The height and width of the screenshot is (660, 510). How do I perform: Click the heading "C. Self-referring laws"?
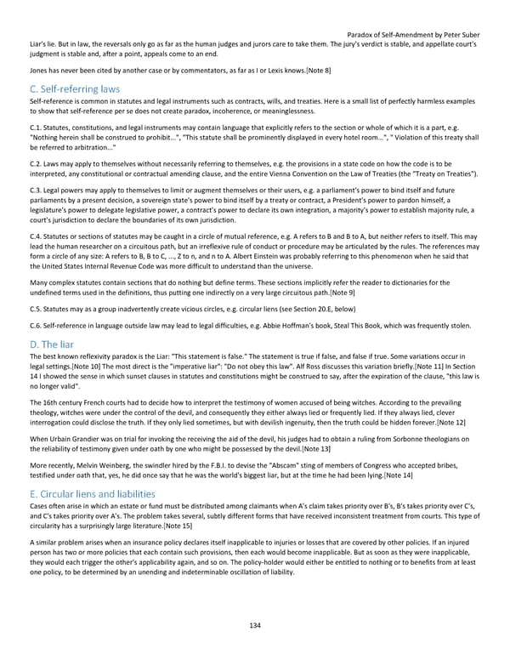point(75,88)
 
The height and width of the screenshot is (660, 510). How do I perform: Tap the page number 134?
point(255,625)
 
